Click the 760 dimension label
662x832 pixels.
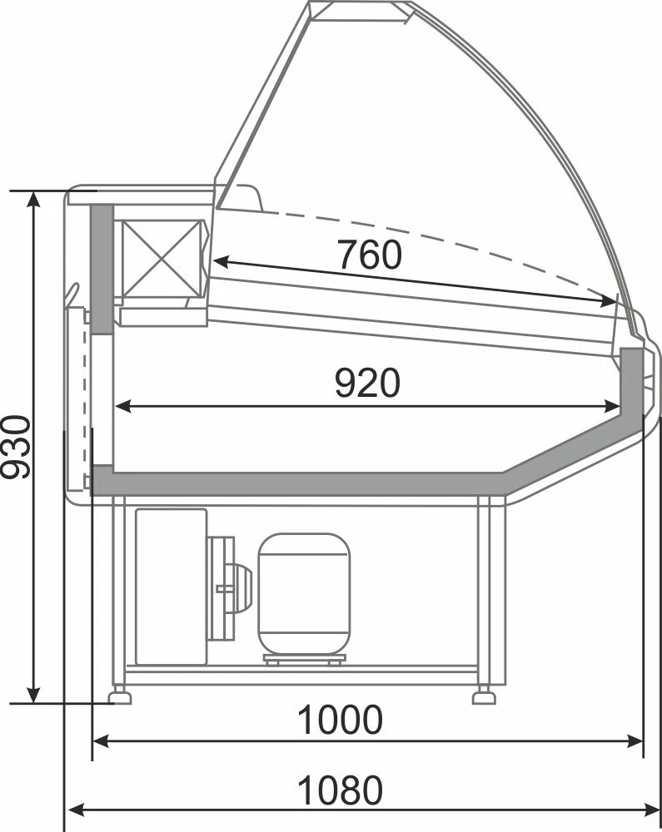click(x=370, y=255)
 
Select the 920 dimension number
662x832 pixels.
click(x=367, y=383)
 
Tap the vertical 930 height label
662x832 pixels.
click(x=15, y=448)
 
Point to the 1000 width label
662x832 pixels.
click(x=340, y=720)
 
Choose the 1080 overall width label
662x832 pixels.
click(x=340, y=790)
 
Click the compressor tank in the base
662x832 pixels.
click(x=304, y=594)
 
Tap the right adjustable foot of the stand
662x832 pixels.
click(x=484, y=695)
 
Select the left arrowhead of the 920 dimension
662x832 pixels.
click(x=122, y=407)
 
